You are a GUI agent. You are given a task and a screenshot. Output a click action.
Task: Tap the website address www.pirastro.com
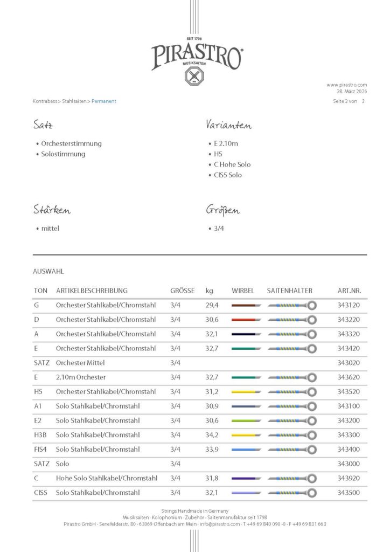[346, 85]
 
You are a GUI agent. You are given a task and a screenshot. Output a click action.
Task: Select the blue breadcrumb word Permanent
[104, 101]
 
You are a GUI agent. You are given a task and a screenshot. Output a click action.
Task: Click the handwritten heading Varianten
[228, 125]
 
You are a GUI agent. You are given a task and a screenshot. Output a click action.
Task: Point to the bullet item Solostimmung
[63, 154]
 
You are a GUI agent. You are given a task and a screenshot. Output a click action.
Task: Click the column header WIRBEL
[242, 291]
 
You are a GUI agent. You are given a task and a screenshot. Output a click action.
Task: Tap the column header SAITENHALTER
[289, 291]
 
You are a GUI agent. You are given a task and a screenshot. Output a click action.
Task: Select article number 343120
[348, 305]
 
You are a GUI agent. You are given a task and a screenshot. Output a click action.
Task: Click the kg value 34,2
[211, 435]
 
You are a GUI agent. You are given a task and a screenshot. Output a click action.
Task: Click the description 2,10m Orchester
[81, 377]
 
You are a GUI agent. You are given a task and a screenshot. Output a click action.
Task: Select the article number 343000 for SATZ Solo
[348, 464]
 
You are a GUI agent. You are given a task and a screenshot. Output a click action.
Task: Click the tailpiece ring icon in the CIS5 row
[311, 493]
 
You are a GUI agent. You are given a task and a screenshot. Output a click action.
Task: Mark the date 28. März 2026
[352, 92]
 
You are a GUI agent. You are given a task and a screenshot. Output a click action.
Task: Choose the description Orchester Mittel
[80, 363]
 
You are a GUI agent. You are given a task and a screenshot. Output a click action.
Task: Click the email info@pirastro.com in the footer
[219, 524]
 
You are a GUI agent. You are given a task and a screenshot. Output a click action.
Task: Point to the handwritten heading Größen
[222, 210]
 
